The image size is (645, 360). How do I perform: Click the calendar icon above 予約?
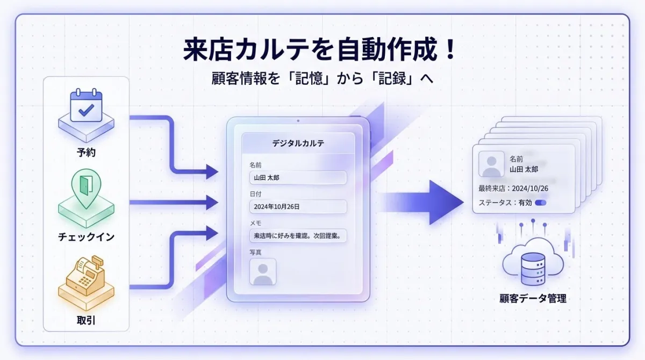click(x=87, y=105)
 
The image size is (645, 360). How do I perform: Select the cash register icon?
click(x=86, y=276)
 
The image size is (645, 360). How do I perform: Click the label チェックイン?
click(x=86, y=237)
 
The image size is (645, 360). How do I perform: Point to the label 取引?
click(x=86, y=320)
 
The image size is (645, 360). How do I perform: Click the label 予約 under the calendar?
click(x=86, y=152)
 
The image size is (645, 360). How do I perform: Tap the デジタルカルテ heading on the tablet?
click(x=298, y=143)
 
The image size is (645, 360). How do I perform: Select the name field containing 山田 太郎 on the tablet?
click(x=298, y=177)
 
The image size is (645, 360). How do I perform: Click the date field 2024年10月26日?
click(x=298, y=207)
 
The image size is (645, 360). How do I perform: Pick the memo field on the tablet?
click(x=298, y=236)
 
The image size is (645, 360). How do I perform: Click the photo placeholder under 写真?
click(x=263, y=272)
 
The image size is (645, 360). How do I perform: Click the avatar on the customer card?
click(x=491, y=164)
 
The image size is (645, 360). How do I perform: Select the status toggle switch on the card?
click(x=541, y=203)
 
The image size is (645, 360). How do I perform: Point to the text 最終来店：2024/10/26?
click(x=513, y=189)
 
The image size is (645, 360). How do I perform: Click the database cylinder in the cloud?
click(x=533, y=269)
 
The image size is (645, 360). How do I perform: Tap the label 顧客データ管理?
click(x=533, y=298)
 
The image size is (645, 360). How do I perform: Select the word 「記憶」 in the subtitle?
click(x=309, y=78)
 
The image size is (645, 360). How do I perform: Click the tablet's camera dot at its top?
click(x=298, y=121)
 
